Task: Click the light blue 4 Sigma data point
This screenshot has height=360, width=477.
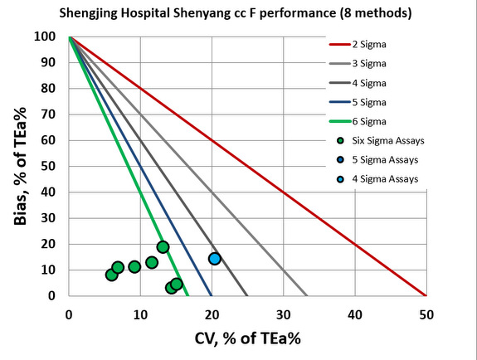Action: tap(215, 259)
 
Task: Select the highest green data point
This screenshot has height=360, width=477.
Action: tap(163, 247)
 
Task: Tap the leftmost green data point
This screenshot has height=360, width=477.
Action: tap(111, 275)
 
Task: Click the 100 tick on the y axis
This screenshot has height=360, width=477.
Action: tap(51, 36)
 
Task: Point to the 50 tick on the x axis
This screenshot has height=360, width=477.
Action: tap(426, 315)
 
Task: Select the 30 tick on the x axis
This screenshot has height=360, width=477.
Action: tap(283, 315)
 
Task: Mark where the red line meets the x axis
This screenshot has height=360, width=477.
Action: tap(426, 295)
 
